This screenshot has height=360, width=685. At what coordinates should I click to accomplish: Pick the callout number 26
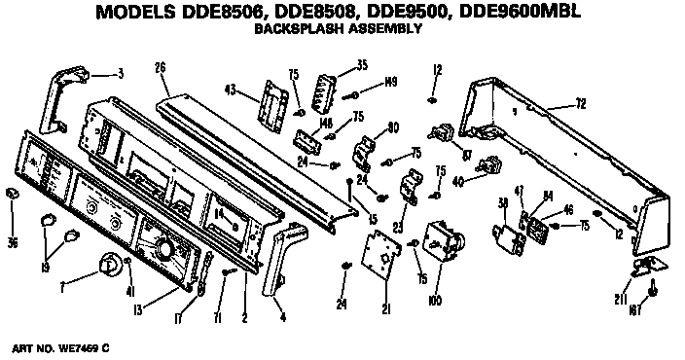tap(161, 67)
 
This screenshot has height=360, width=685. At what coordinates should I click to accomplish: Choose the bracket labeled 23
tap(410, 185)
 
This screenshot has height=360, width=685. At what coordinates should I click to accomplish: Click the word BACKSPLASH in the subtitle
tap(292, 29)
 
